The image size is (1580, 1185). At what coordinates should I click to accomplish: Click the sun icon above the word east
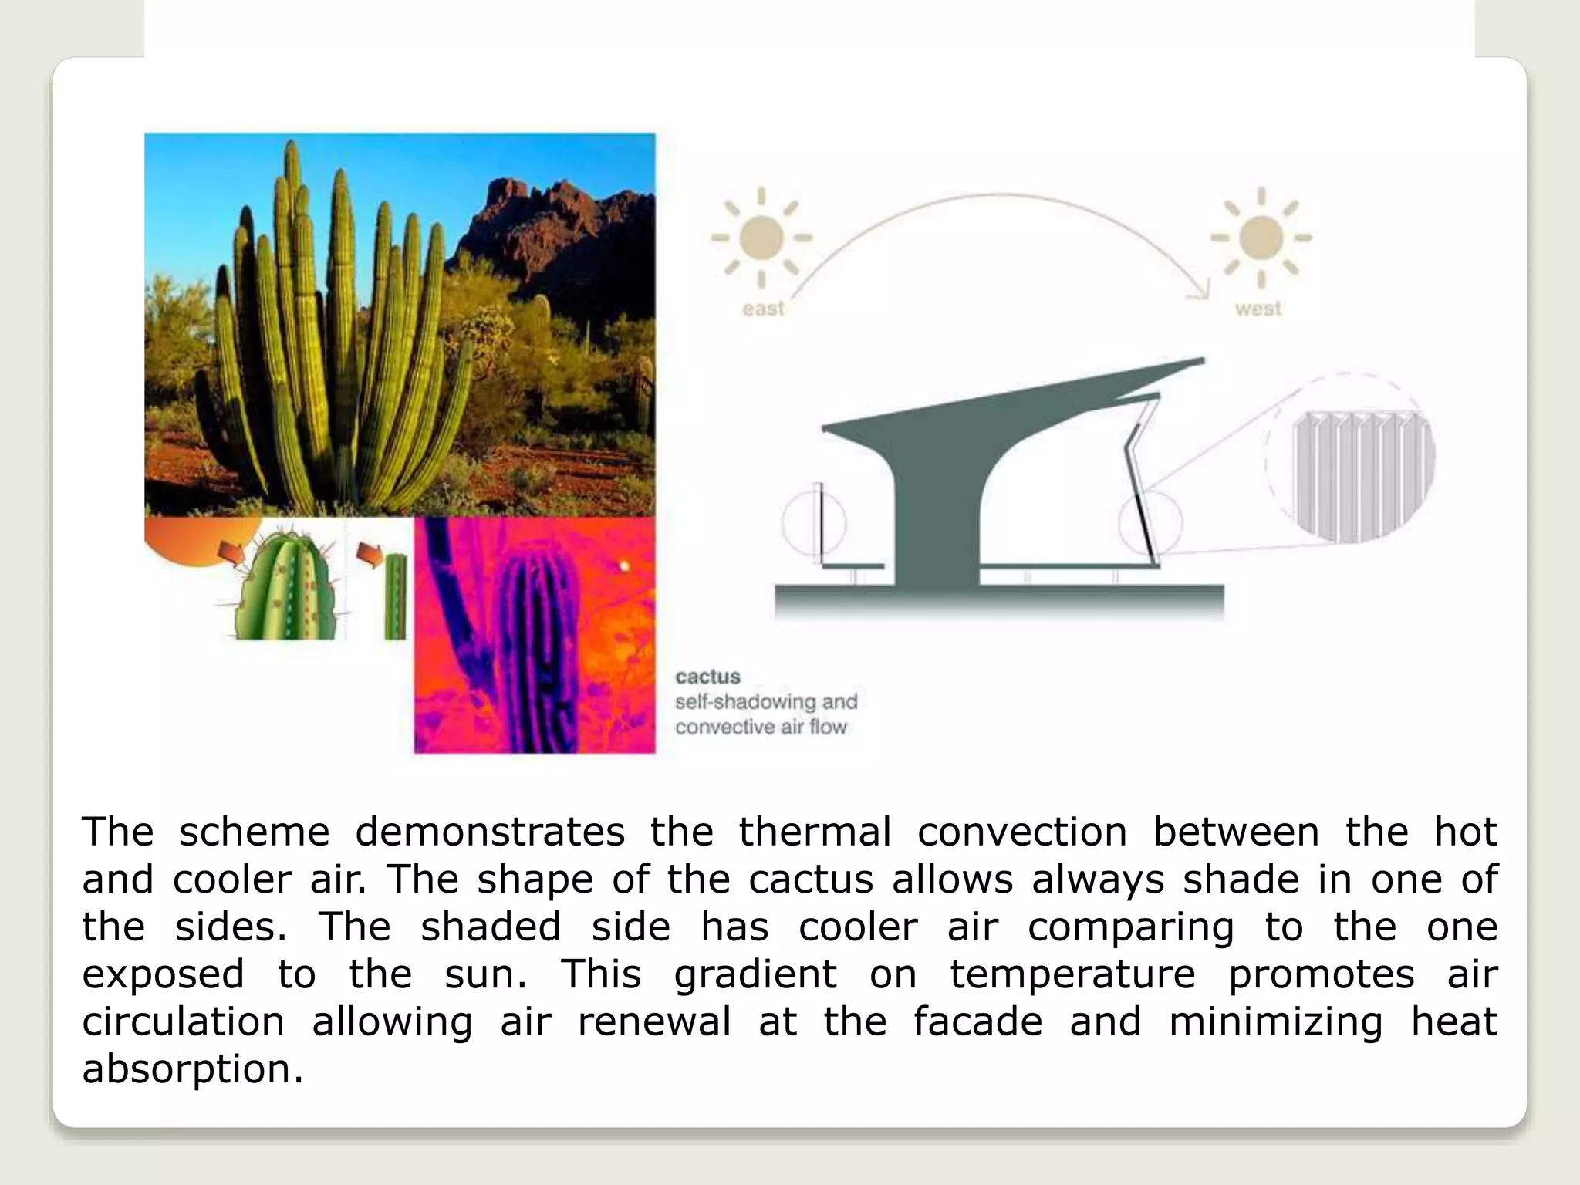click(x=761, y=238)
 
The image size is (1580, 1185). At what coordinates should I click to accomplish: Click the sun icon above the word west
click(x=1261, y=238)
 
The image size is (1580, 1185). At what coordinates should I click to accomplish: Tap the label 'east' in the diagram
click(x=763, y=309)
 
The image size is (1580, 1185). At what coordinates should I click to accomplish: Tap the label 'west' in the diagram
click(x=1258, y=309)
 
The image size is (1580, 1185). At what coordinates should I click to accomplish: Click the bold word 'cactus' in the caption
click(x=707, y=677)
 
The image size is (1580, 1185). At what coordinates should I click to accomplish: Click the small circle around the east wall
click(x=814, y=522)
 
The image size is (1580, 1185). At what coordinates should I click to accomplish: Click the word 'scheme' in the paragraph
click(x=255, y=832)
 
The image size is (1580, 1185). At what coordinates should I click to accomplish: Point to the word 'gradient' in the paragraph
click(x=755, y=974)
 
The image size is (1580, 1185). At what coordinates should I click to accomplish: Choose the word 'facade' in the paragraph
click(x=977, y=1021)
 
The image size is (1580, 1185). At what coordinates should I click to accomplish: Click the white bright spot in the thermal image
click(x=625, y=567)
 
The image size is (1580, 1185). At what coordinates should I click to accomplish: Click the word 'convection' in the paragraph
click(x=1022, y=832)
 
